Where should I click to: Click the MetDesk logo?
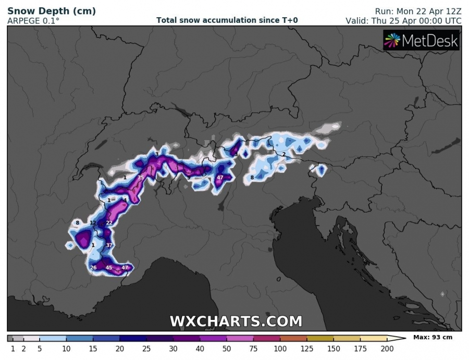pyautogui.click(x=422, y=41)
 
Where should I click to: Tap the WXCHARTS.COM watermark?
pyautogui.click(x=236, y=321)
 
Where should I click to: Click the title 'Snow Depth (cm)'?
pyautogui.click(x=51, y=11)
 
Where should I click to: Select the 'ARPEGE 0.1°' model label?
pyautogui.click(x=33, y=21)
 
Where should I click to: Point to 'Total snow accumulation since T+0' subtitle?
pyautogui.click(x=227, y=21)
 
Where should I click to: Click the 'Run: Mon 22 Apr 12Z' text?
pyautogui.click(x=418, y=11)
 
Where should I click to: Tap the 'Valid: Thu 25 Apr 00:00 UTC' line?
pyautogui.click(x=403, y=21)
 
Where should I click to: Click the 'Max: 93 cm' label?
pyautogui.click(x=433, y=338)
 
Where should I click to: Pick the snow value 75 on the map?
pyautogui.click(x=140, y=178)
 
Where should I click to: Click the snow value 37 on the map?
pyautogui.click(x=109, y=245)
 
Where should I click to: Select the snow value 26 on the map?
pyautogui.click(x=93, y=268)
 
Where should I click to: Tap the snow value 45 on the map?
pyautogui.click(x=109, y=268)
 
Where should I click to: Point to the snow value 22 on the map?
pyautogui.click(x=109, y=223)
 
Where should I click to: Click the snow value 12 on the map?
pyautogui.click(x=93, y=223)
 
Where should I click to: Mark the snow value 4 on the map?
pyautogui.click(x=125, y=200)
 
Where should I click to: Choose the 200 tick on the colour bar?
pyautogui.click(x=387, y=349)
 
